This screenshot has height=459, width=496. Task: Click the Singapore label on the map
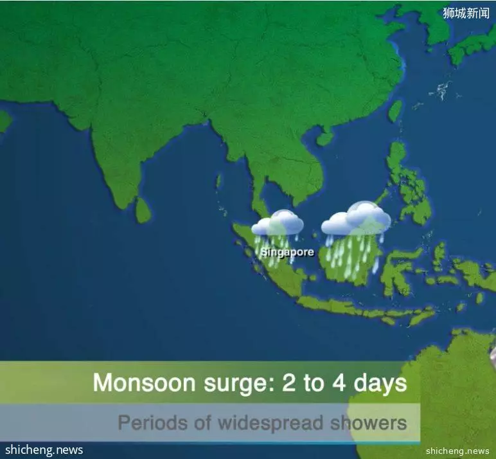(x=287, y=252)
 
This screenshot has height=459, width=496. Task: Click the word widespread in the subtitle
(x=270, y=423)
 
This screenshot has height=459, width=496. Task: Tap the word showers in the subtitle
(x=369, y=422)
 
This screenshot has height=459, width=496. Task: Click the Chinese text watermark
(x=466, y=13)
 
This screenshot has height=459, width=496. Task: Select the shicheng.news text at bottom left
(x=44, y=449)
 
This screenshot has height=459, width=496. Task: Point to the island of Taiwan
(x=395, y=111)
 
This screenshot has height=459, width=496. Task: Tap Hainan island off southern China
(x=325, y=138)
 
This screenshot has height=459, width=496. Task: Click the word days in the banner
(x=380, y=384)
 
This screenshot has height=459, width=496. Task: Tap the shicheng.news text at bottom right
(x=457, y=451)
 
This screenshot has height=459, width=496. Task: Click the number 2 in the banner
(x=288, y=382)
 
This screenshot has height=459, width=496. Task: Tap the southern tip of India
(x=121, y=208)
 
